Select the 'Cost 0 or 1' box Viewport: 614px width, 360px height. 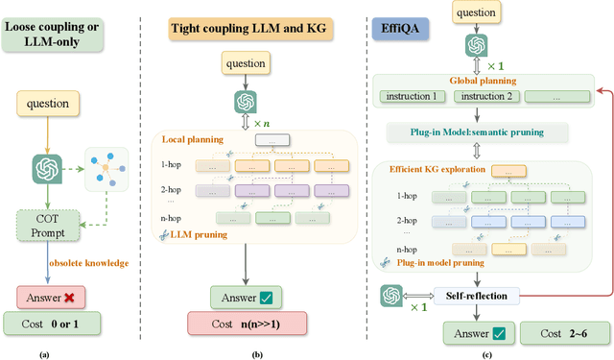pos(54,324)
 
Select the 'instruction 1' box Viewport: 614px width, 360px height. pos(410,97)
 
